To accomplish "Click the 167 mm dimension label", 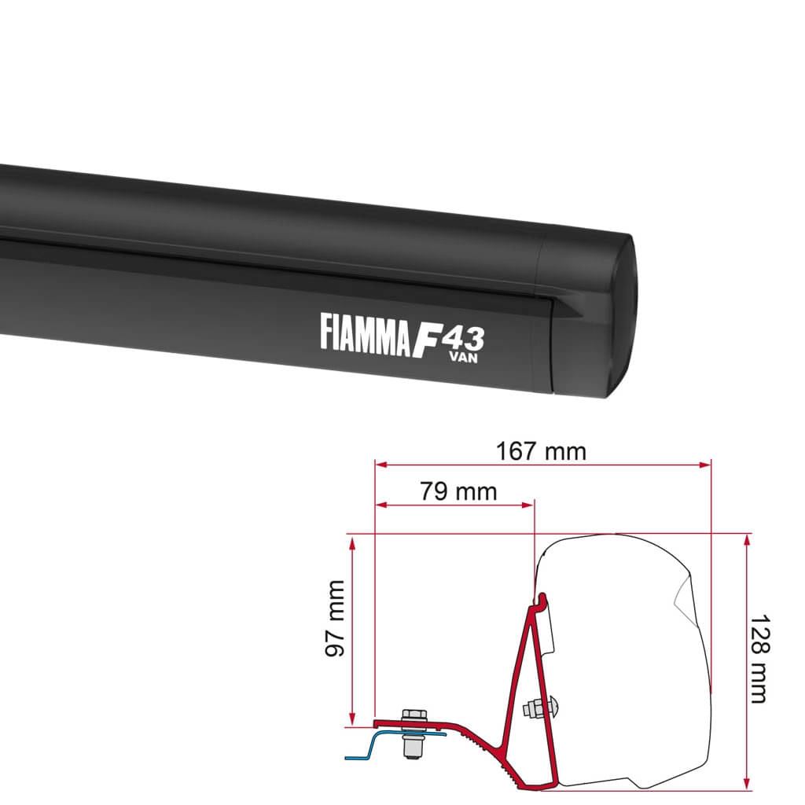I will pos(541,452).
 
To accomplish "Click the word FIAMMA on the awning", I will pos(365,331).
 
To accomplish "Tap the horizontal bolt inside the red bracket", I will pos(543,708).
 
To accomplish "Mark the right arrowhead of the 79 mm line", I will pos(530,505).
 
